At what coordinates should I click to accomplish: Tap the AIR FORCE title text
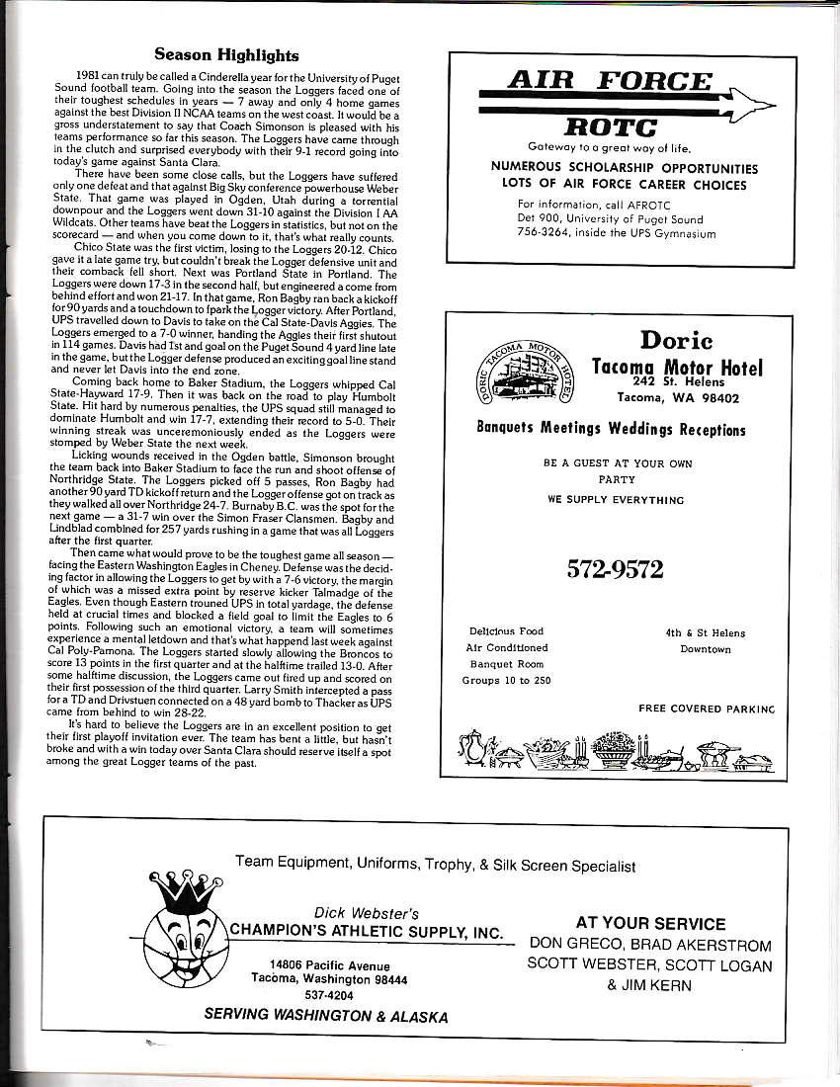[609, 80]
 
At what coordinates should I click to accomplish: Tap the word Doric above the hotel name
[676, 340]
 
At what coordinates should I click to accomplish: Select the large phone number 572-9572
[615, 568]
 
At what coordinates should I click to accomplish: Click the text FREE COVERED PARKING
[707, 709]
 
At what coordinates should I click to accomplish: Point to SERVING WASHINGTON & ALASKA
[325, 1016]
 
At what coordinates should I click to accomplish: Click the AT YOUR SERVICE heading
[650, 923]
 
